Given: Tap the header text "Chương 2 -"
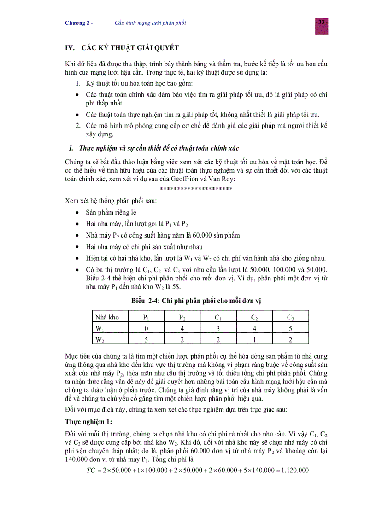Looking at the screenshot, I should click(x=79, y=23).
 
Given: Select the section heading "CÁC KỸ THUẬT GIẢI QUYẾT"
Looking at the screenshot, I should click(x=130, y=48).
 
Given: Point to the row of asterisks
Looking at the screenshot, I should click(x=196, y=189).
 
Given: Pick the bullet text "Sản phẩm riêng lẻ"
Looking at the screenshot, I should click(x=111, y=213).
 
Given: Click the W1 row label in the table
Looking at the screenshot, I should click(x=99, y=328).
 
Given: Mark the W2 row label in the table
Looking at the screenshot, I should click(x=99, y=340).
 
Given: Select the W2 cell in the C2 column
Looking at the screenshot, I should click(x=254, y=340).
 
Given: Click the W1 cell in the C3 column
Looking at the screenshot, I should click(x=290, y=328).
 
